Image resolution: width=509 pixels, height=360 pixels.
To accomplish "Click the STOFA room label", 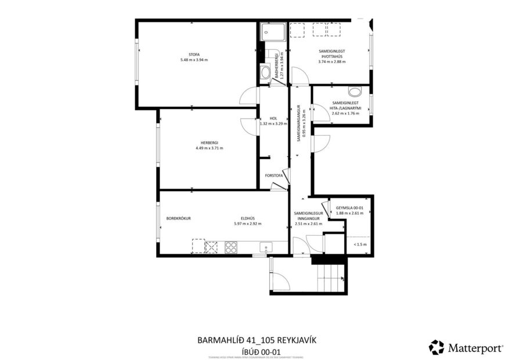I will pos(186,54).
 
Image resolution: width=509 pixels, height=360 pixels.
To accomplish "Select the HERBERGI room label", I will pos(209,142).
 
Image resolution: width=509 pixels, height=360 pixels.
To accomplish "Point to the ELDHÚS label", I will pos(246,218).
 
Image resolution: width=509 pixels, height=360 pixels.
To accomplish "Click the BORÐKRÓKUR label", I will pos(179,218).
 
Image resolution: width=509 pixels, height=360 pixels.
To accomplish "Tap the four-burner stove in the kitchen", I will pos(231,247).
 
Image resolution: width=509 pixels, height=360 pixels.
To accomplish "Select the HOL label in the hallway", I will pos(273,118).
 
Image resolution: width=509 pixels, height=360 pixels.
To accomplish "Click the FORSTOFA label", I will pos(273,175).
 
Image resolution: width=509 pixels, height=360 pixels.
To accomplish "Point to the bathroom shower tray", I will pos(273,32).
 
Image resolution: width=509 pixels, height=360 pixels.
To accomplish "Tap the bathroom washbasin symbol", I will pos(265,73).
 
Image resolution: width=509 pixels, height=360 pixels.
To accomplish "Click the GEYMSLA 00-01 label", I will pos(349,208).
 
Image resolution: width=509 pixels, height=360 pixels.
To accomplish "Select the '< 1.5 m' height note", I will pos(360,244).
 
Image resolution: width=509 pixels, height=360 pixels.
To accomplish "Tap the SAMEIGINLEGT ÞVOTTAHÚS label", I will pos(332,53).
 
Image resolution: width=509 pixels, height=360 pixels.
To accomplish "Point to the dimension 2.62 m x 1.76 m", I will pos(345,113).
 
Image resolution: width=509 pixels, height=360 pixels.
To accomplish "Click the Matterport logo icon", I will pos(436,347).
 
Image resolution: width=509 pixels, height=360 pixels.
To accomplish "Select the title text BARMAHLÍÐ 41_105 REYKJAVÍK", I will pos(257,340).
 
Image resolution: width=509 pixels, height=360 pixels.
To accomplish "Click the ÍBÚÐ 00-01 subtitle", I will pos(257,351).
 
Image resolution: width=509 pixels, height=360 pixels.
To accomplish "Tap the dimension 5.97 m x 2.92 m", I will pos(246,224).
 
